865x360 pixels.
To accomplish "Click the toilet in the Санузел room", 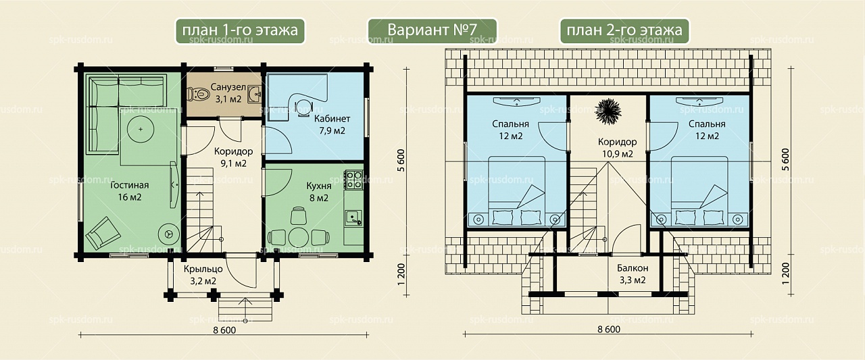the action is click(x=198, y=94).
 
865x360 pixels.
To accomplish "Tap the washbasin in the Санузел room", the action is click(x=255, y=94).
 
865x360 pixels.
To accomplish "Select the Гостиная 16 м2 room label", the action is click(x=130, y=191).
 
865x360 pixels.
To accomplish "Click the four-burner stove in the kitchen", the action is click(x=353, y=180).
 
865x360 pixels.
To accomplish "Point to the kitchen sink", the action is click(x=353, y=218).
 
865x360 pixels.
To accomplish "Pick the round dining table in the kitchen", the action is click(x=298, y=237).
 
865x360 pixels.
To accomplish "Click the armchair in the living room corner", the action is click(x=103, y=232).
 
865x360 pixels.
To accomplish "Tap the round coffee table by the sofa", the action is click(x=141, y=129).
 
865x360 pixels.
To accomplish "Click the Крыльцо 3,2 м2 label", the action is click(x=203, y=275).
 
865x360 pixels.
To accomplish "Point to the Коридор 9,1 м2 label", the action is click(x=234, y=157).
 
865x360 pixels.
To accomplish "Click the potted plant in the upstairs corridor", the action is click(x=608, y=111).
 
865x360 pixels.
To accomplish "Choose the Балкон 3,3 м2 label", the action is click(x=633, y=274).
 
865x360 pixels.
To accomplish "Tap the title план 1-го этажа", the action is click(x=240, y=30).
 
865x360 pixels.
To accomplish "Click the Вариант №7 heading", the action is click(x=432, y=30).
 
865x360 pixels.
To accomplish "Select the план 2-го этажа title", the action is click(x=624, y=30).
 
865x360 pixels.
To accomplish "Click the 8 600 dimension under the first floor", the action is click(x=224, y=330).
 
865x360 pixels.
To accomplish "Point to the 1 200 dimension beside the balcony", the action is click(x=786, y=274).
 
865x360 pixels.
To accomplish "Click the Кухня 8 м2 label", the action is click(x=318, y=192).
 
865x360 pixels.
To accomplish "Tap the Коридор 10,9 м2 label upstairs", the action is click(x=617, y=148).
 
